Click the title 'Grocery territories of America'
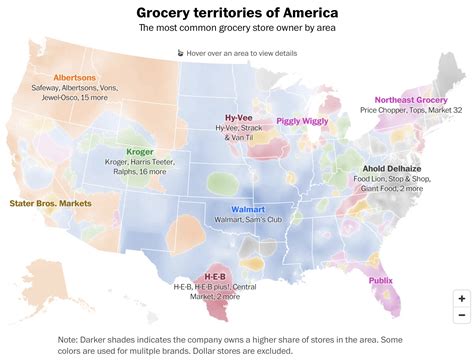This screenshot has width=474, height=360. click(236, 12)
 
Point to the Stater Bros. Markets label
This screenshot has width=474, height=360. click(51, 204)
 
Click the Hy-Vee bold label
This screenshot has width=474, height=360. click(237, 116)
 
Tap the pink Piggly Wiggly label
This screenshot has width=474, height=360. click(302, 120)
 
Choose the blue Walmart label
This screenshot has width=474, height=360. click(247, 210)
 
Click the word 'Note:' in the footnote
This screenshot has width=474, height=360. click(72, 338)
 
